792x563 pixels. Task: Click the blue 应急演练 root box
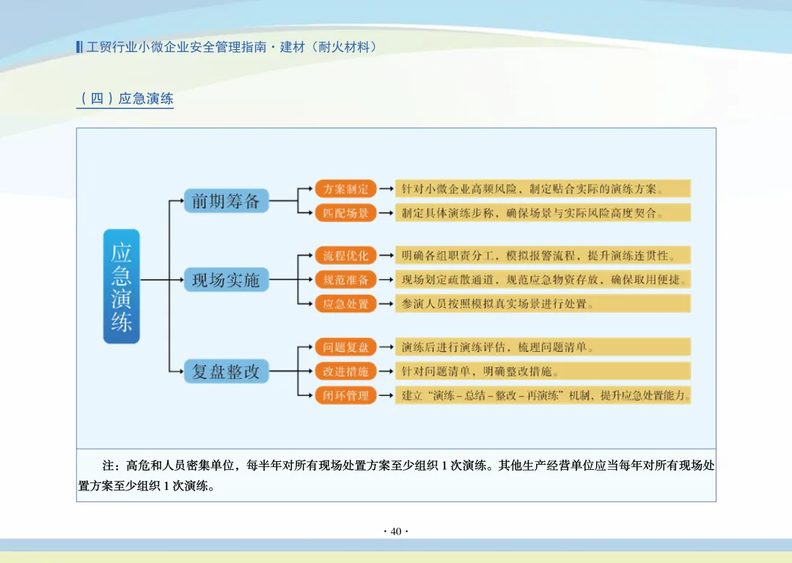[121, 286]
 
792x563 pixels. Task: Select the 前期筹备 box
[226, 201]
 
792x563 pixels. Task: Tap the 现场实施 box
[226, 279]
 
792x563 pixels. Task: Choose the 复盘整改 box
[226, 371]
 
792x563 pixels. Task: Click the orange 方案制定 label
[346, 188]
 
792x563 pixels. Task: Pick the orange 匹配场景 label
[346, 213]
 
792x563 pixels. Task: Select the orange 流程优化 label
[346, 255]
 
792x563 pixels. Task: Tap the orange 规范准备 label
[346, 279]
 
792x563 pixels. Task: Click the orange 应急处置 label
[346, 303]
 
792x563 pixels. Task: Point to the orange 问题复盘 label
[346, 347]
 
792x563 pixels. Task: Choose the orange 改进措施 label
[346, 371]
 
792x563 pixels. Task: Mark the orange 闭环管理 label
[346, 395]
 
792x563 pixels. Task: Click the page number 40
[396, 531]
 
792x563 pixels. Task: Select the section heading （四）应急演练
[125, 98]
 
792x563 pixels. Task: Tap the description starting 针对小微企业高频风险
[543, 188]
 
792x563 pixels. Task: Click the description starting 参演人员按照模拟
[543, 303]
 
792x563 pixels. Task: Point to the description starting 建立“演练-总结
[543, 395]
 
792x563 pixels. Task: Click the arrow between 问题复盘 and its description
[386, 347]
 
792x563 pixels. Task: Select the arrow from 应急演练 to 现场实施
[161, 279]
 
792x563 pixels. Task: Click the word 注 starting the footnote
[109, 466]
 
